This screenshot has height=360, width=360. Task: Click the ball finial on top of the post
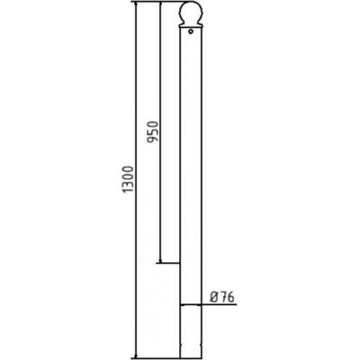(x=192, y=14)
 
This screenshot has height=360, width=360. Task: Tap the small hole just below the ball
(x=192, y=35)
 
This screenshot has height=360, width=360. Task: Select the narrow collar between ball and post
(x=192, y=28)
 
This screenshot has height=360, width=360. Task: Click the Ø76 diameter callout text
(x=220, y=296)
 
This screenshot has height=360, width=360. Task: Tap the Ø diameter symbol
(x=212, y=296)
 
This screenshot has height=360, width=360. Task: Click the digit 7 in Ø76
(x=221, y=296)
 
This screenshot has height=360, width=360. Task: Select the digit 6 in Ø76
(x=229, y=296)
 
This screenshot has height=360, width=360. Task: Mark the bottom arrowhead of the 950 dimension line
(x=159, y=262)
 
